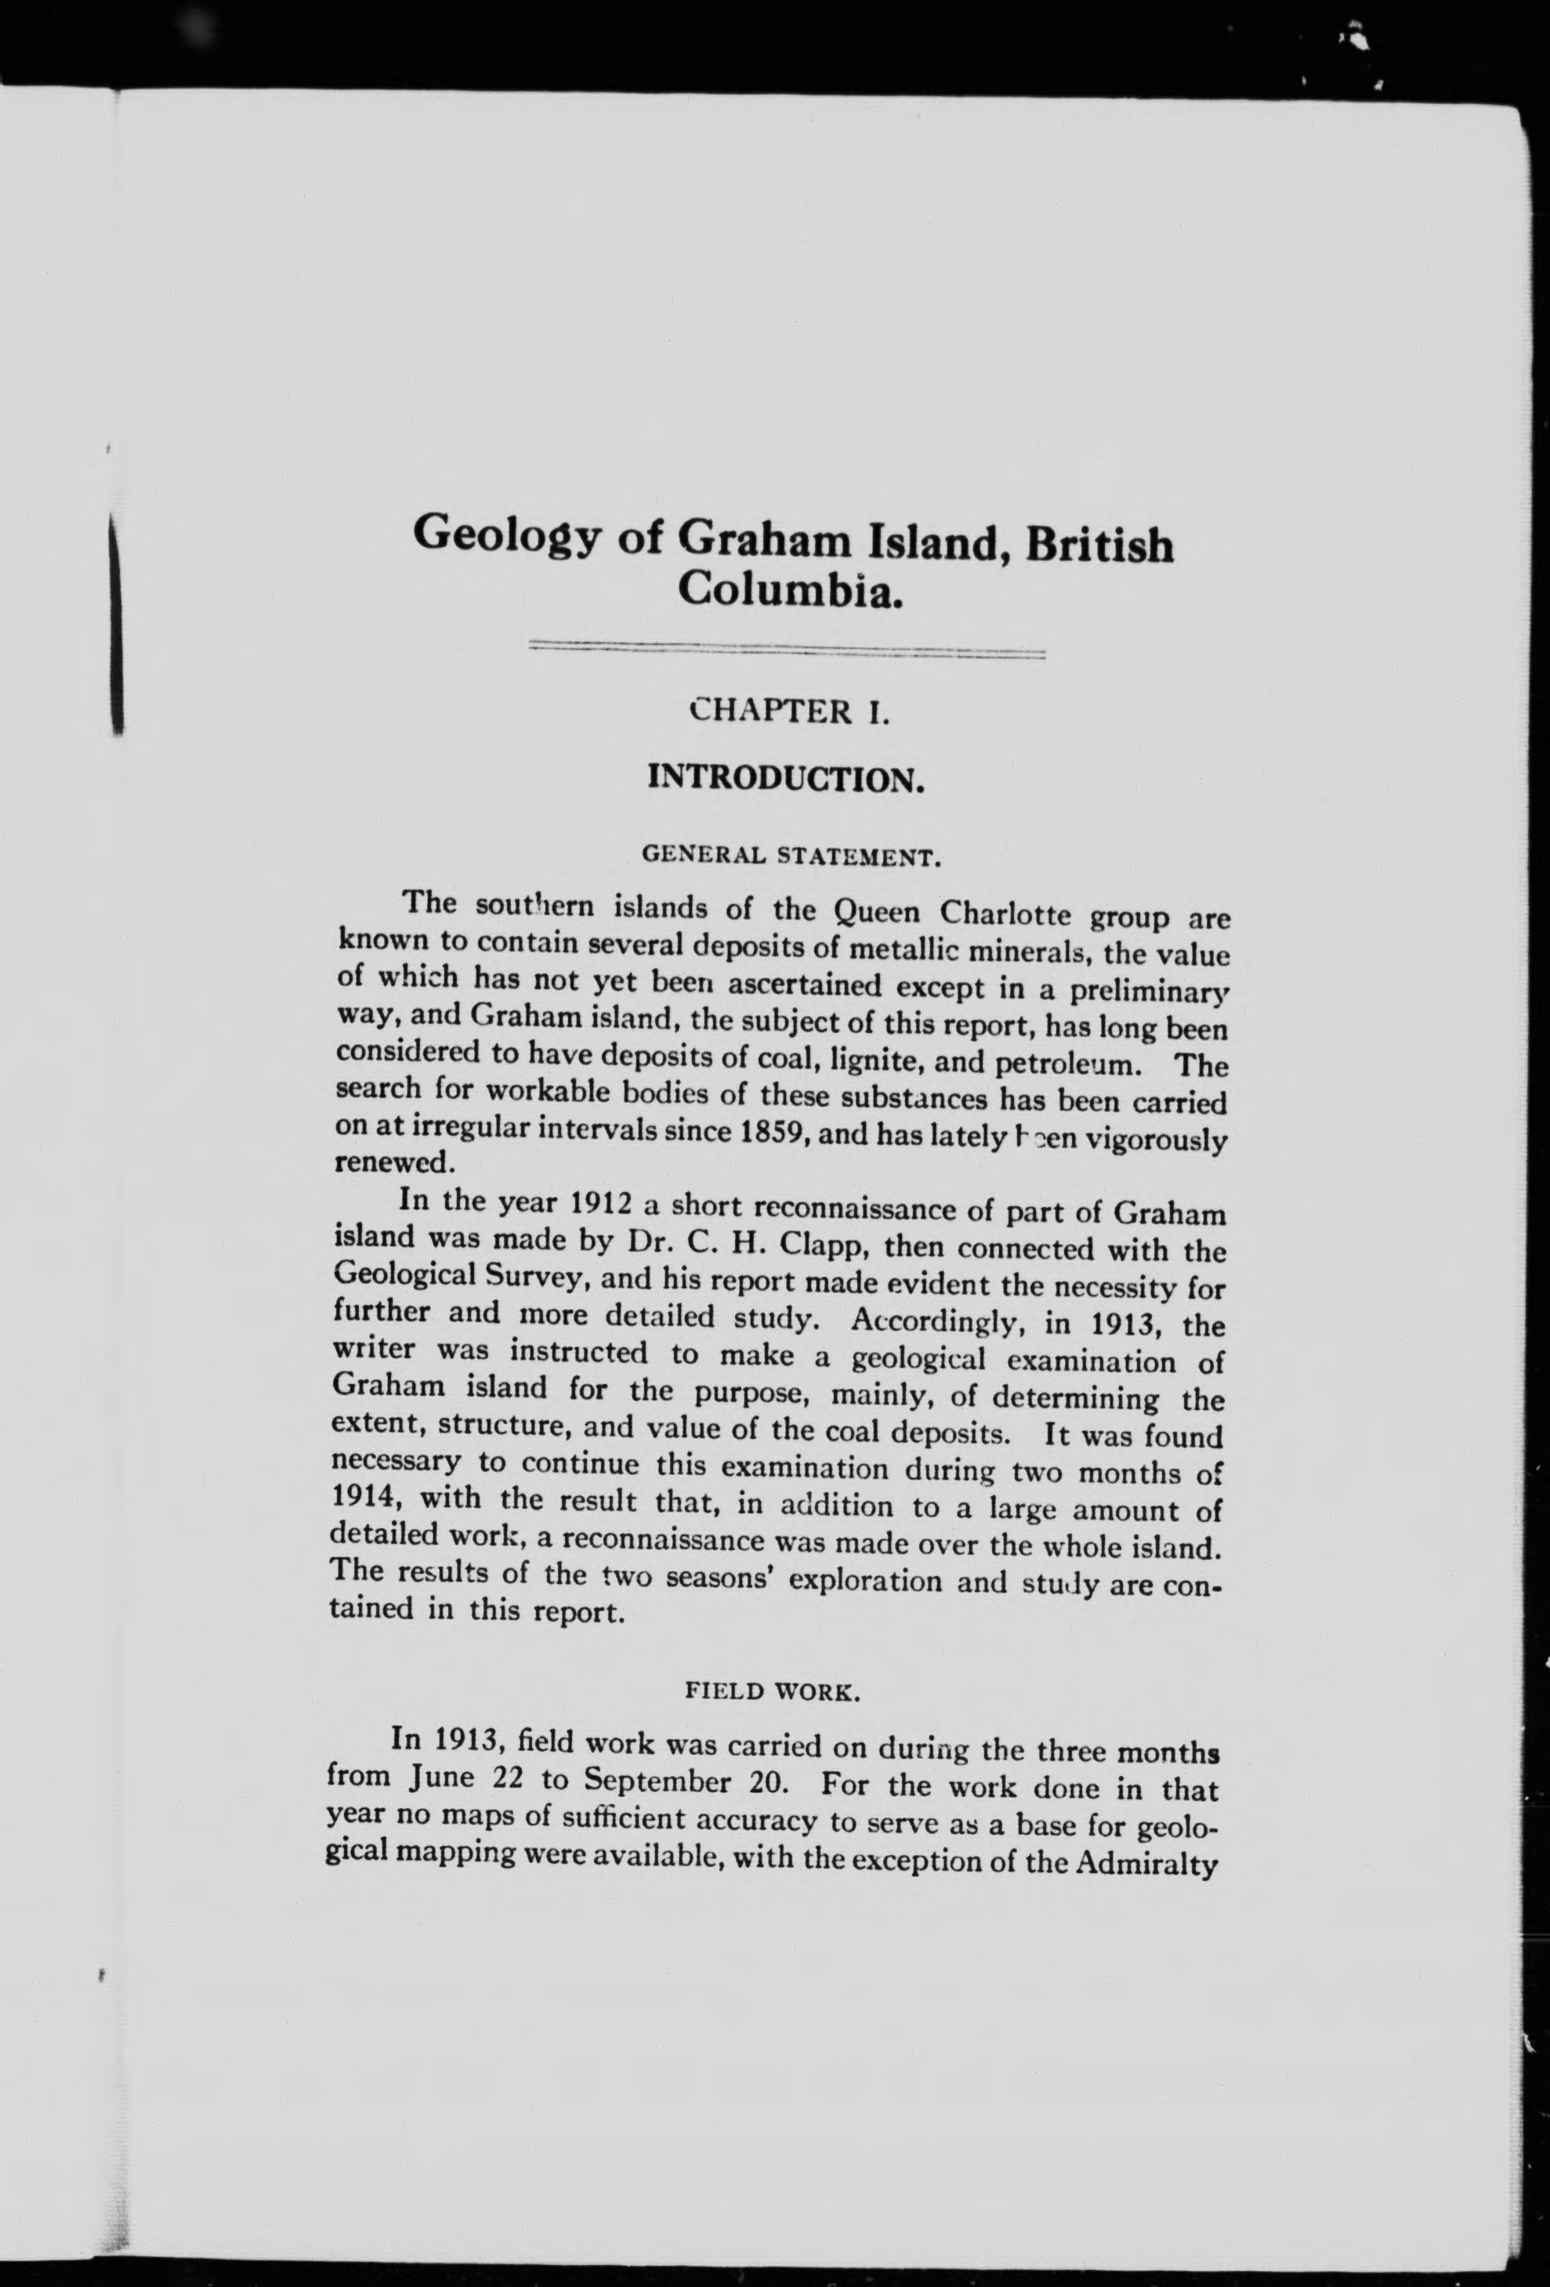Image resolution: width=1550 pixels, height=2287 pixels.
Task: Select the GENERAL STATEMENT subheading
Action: [x=792, y=854]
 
